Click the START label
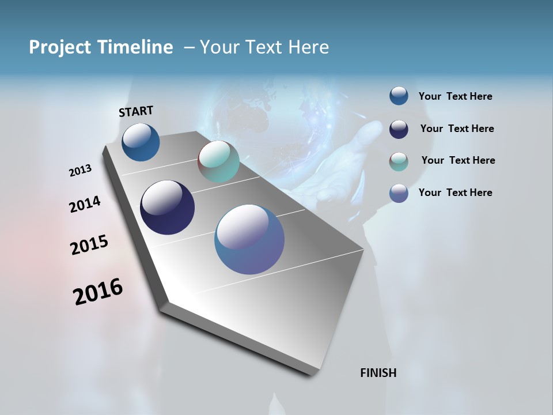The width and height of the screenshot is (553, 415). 136,111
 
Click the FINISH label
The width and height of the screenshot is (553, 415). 378,373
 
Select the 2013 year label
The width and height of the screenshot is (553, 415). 81,171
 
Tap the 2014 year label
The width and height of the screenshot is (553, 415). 85,205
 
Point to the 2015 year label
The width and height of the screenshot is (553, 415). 89,245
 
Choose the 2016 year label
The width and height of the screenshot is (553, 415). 98,292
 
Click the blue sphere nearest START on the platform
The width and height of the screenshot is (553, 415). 141,142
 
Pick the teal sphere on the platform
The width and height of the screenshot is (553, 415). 218,161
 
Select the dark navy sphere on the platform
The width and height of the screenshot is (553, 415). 167,207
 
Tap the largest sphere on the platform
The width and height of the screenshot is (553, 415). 249,239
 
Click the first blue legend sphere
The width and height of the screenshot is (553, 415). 399,96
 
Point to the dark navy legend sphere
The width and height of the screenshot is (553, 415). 399,129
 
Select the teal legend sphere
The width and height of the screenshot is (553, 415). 399,161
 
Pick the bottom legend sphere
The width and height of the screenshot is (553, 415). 399,193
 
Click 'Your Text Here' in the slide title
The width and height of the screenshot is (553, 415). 264,47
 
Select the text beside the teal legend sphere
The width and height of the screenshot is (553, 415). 458,160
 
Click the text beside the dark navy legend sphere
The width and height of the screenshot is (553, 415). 457,129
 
